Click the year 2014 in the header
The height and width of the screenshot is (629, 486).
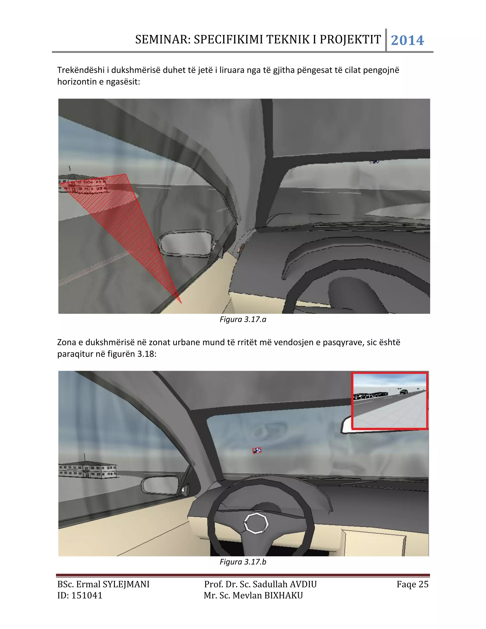tap(407, 40)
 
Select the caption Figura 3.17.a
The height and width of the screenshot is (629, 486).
tap(243, 319)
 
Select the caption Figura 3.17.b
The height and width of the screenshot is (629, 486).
tap(243, 562)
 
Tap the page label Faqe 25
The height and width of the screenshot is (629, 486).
tap(412, 584)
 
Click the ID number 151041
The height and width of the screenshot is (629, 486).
tap(87, 596)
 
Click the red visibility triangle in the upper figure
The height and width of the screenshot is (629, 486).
tap(121, 219)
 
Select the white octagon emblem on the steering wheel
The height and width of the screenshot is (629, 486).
tap(256, 523)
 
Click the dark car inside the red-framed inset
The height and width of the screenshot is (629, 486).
tap(404, 392)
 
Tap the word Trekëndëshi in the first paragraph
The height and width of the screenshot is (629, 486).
tap(81, 70)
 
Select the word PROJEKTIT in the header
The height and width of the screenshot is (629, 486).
tap(350, 39)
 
